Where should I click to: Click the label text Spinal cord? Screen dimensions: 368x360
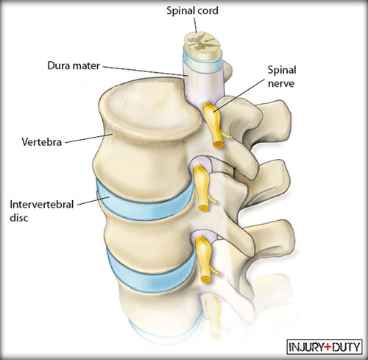pos(192,11)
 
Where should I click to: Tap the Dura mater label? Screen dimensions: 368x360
pos(74,66)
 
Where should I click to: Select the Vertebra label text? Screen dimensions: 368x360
pos(41,142)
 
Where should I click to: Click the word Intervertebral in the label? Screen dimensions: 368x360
pos(42,205)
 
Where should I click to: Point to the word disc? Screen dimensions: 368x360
pos(19,218)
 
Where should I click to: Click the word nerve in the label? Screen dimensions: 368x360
pos(281,84)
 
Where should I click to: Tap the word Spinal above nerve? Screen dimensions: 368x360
pos(282,71)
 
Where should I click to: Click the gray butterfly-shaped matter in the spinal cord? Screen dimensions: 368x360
pos(201,41)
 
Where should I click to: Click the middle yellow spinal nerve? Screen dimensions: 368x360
pos(202,188)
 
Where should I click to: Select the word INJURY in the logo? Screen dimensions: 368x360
pos(306,347)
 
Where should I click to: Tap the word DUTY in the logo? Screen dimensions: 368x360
pos(346,347)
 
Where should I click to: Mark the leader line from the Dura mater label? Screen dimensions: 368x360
pos(145,71)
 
